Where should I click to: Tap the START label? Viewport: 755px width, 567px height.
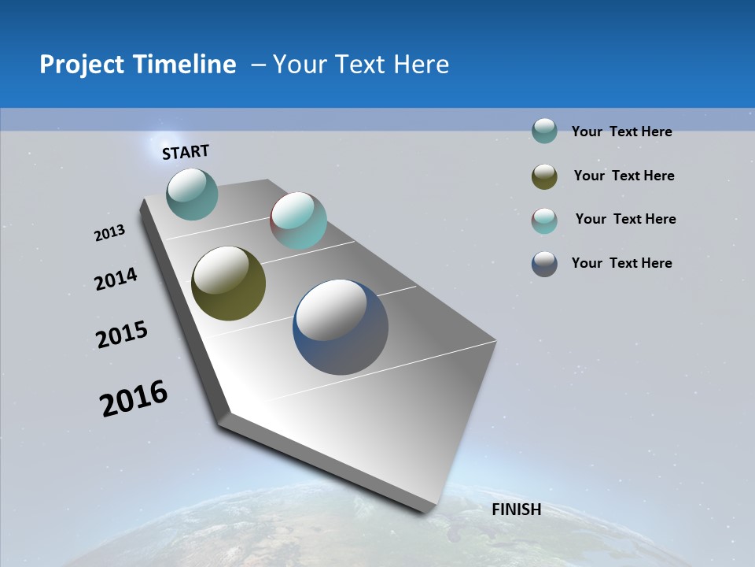[x=186, y=152]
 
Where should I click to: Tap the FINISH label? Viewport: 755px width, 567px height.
[x=516, y=510]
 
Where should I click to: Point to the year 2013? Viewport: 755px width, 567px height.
[x=110, y=233]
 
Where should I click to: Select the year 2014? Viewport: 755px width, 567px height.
[x=116, y=279]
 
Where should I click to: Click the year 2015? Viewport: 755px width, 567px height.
[x=122, y=335]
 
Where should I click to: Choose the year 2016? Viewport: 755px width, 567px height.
[x=134, y=398]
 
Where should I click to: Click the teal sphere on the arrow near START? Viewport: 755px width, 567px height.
[x=193, y=194]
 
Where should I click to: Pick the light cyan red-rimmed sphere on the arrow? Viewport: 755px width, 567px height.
[x=298, y=220]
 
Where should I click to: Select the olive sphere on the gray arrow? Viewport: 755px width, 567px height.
[x=228, y=283]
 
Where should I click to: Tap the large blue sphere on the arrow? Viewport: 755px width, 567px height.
[x=341, y=328]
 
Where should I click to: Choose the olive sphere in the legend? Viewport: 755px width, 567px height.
[x=544, y=176]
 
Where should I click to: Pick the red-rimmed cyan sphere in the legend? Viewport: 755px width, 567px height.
[x=544, y=220]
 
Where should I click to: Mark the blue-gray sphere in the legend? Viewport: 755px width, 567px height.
[x=544, y=264]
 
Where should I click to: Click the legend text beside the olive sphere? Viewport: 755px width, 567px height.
[x=624, y=176]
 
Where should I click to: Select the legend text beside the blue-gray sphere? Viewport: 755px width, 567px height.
[x=621, y=263]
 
